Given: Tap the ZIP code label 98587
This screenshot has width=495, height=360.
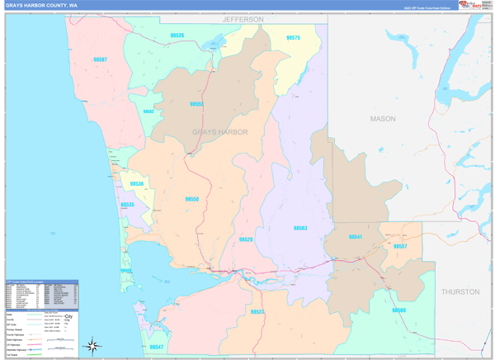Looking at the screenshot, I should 100,59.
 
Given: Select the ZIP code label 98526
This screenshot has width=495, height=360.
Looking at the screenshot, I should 177,36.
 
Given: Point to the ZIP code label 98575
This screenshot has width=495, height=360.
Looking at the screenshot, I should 293,38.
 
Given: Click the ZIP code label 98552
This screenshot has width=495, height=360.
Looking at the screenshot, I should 196,104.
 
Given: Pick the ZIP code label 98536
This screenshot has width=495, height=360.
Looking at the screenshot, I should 136,184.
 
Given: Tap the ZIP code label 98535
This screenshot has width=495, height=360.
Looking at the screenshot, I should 127,205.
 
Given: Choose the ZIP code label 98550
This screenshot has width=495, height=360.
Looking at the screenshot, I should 191,199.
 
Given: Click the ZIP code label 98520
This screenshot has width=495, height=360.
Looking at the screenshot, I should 246,239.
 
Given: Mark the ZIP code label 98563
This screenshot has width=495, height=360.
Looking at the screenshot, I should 300,228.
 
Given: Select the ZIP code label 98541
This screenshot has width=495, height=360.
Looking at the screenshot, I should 355,237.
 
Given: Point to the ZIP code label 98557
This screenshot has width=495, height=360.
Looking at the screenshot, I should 399,247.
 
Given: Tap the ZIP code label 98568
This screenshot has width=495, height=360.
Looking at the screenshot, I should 398,310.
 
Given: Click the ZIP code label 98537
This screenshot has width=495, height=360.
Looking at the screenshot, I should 257,311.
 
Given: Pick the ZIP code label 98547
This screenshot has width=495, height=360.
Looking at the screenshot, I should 157,347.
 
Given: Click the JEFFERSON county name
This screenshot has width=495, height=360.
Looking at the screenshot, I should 243,19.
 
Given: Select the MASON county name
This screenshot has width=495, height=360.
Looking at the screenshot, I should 382,119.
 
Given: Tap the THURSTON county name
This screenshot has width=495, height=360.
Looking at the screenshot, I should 460,291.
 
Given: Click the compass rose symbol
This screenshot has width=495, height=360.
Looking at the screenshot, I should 93,345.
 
